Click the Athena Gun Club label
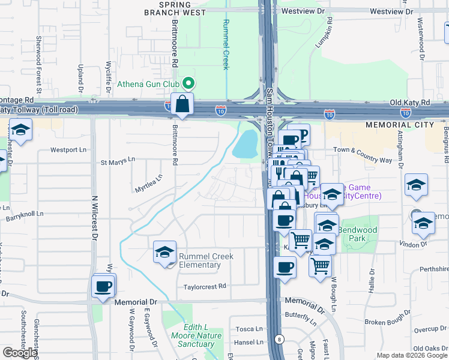(149, 83)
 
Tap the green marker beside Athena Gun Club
(188, 83)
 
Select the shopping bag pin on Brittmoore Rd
(182, 104)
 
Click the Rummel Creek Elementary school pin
(164, 252)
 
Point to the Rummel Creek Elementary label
(206, 260)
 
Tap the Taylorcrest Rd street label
(205, 287)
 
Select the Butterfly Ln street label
(300, 315)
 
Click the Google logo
(20, 353)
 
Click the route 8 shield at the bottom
(279, 340)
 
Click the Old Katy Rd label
(409, 103)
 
